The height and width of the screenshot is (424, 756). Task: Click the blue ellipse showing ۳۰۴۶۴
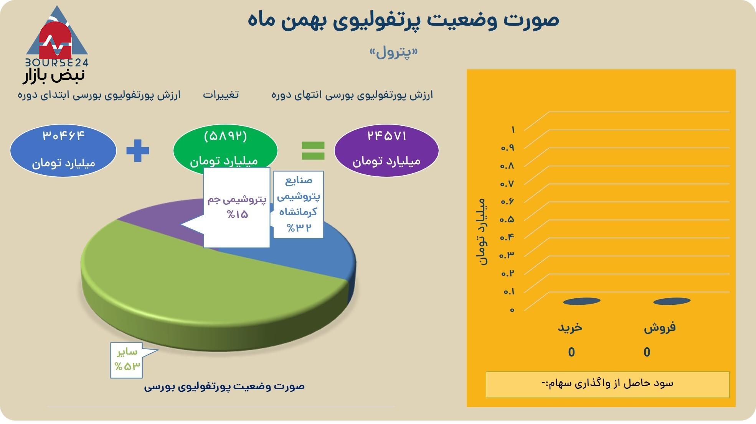point(63,150)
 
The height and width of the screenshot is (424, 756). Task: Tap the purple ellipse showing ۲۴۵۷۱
point(386,150)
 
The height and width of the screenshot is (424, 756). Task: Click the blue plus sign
point(138,151)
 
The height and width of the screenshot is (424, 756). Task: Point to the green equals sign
point(313,151)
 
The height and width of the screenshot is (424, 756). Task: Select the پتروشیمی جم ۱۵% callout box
point(236,207)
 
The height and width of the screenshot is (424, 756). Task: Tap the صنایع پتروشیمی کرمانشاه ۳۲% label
point(299,204)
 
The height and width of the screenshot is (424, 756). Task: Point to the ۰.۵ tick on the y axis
point(507,220)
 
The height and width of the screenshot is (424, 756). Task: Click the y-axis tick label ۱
point(513,130)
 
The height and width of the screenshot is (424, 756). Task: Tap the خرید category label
point(570,327)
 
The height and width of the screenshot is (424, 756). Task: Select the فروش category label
point(660,327)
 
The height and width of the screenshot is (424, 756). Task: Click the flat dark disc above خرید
point(581,301)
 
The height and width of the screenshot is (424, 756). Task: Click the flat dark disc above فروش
point(672,301)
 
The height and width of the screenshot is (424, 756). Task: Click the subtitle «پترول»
point(393,52)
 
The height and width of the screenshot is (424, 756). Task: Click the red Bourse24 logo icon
point(56,40)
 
